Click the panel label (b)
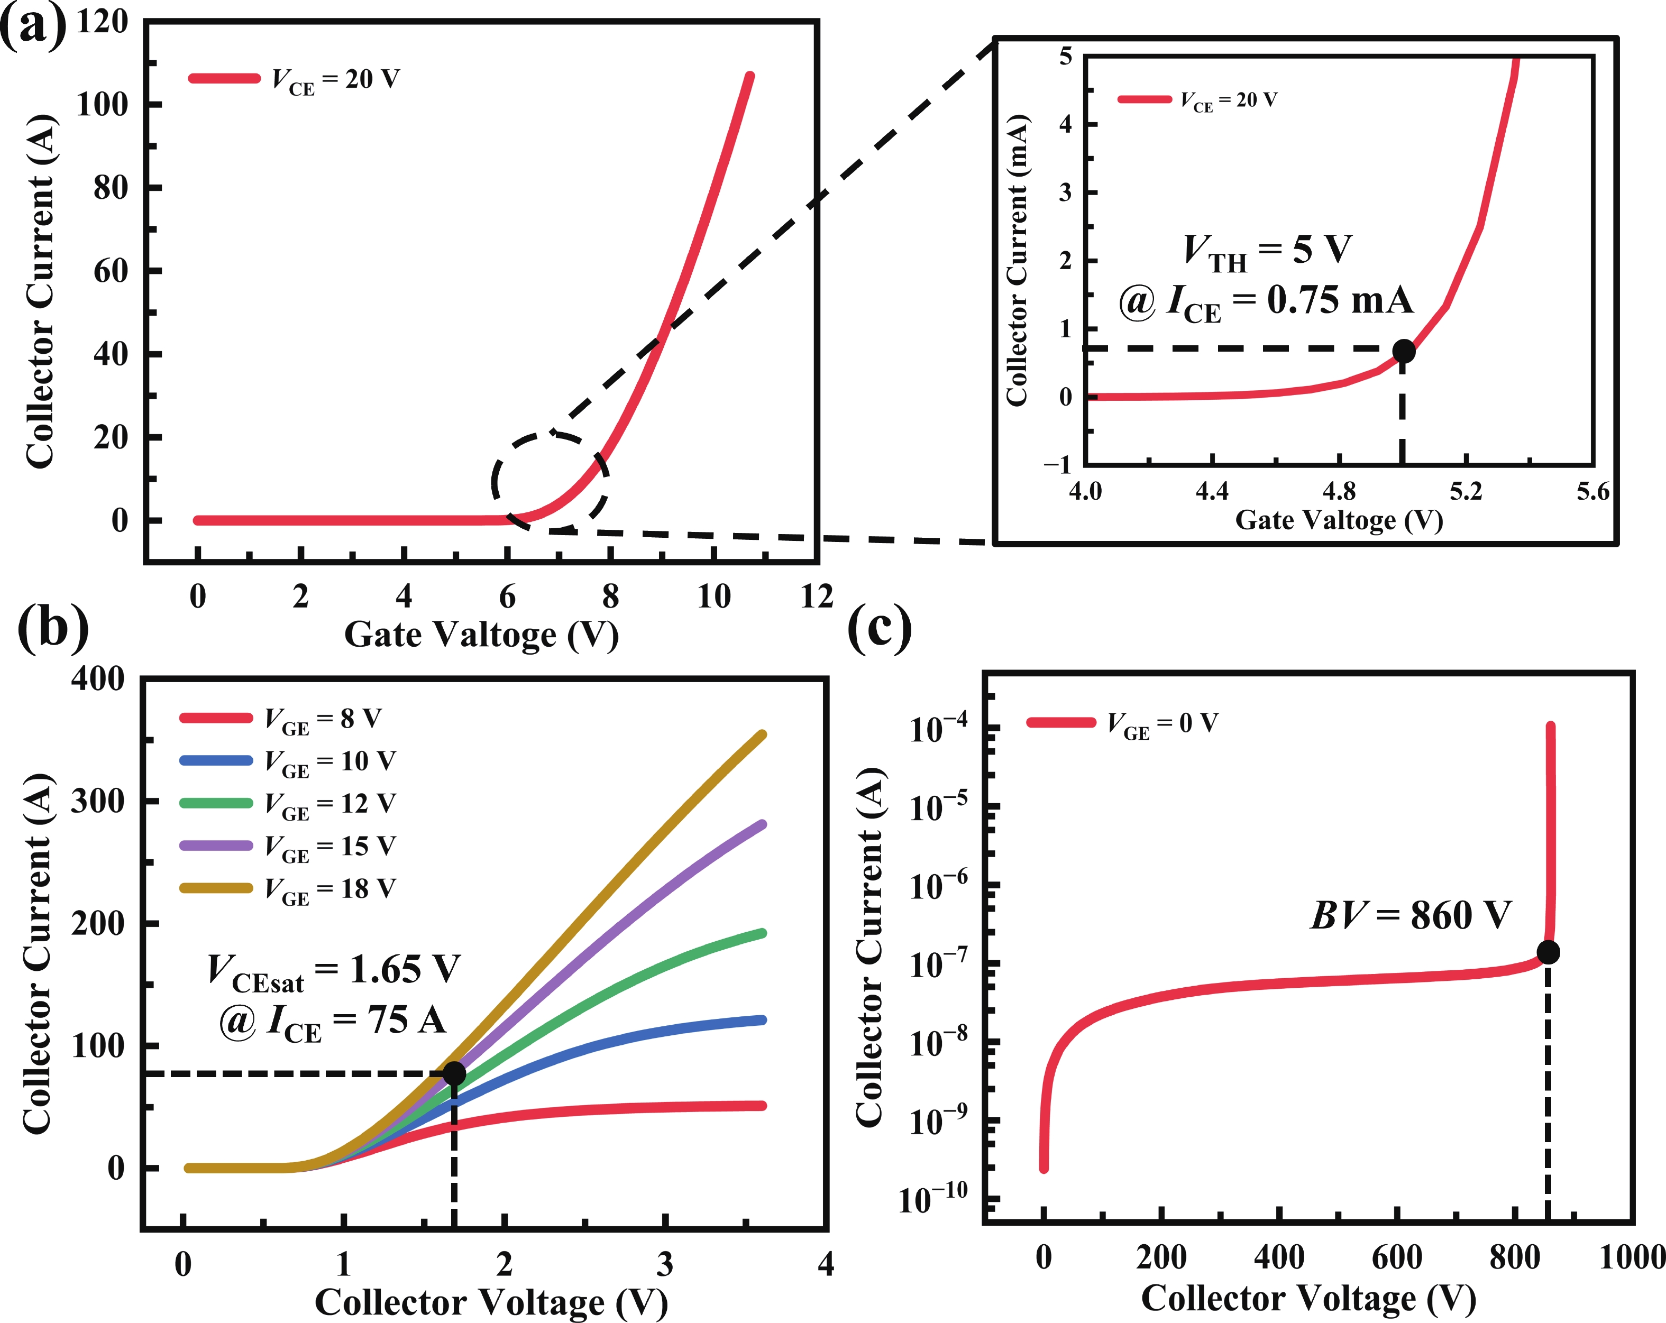52,626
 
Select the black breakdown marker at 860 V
1548,953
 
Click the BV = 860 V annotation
1410,916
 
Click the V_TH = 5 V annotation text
1267,251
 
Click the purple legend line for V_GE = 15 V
216,846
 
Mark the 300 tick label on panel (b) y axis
97,802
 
